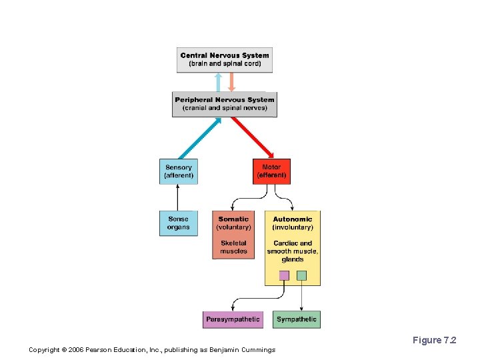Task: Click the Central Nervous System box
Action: tap(225, 59)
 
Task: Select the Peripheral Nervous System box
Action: tap(225, 104)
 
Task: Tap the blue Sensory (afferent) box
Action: tap(179, 171)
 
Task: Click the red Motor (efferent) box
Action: tap(271, 171)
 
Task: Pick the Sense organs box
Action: tap(179, 223)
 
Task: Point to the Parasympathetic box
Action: tap(233, 319)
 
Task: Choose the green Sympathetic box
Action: tap(297, 319)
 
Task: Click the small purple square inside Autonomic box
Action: tap(284, 275)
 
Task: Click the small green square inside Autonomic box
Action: tap(301, 275)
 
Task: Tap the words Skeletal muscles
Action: tap(233, 247)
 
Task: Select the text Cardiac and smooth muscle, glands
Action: tap(293, 251)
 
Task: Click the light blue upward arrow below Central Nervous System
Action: tap(218, 82)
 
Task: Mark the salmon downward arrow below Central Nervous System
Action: tap(231, 82)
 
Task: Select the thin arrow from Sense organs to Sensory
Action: tap(178, 197)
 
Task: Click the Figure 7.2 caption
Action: tap(434, 341)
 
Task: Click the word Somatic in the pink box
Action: tap(233, 219)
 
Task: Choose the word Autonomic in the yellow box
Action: tap(293, 219)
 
